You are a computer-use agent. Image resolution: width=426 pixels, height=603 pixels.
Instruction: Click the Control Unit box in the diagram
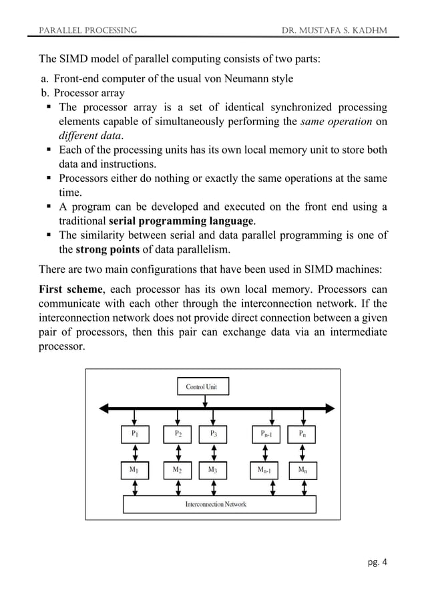tap(202, 386)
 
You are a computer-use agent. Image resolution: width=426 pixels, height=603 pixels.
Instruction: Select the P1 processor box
tap(136, 434)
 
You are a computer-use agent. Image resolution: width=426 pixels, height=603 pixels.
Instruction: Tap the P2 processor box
tap(178, 434)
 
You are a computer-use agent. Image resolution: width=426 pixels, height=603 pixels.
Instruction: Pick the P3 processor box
tap(213, 434)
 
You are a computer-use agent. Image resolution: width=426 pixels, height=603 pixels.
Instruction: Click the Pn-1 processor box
tap(270, 434)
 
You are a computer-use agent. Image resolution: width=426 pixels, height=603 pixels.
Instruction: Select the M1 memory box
tap(136, 470)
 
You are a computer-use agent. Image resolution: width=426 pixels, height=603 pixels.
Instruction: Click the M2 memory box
tap(178, 470)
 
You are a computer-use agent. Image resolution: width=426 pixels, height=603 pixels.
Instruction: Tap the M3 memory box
tap(213, 470)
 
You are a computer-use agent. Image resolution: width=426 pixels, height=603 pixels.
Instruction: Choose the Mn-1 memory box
tap(270, 470)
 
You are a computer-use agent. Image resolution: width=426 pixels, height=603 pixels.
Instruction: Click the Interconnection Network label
tap(216, 504)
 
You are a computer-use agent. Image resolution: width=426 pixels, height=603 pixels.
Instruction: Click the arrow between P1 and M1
tap(136, 452)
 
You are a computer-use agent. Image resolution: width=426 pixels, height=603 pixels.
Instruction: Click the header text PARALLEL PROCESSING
tap(88, 29)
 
